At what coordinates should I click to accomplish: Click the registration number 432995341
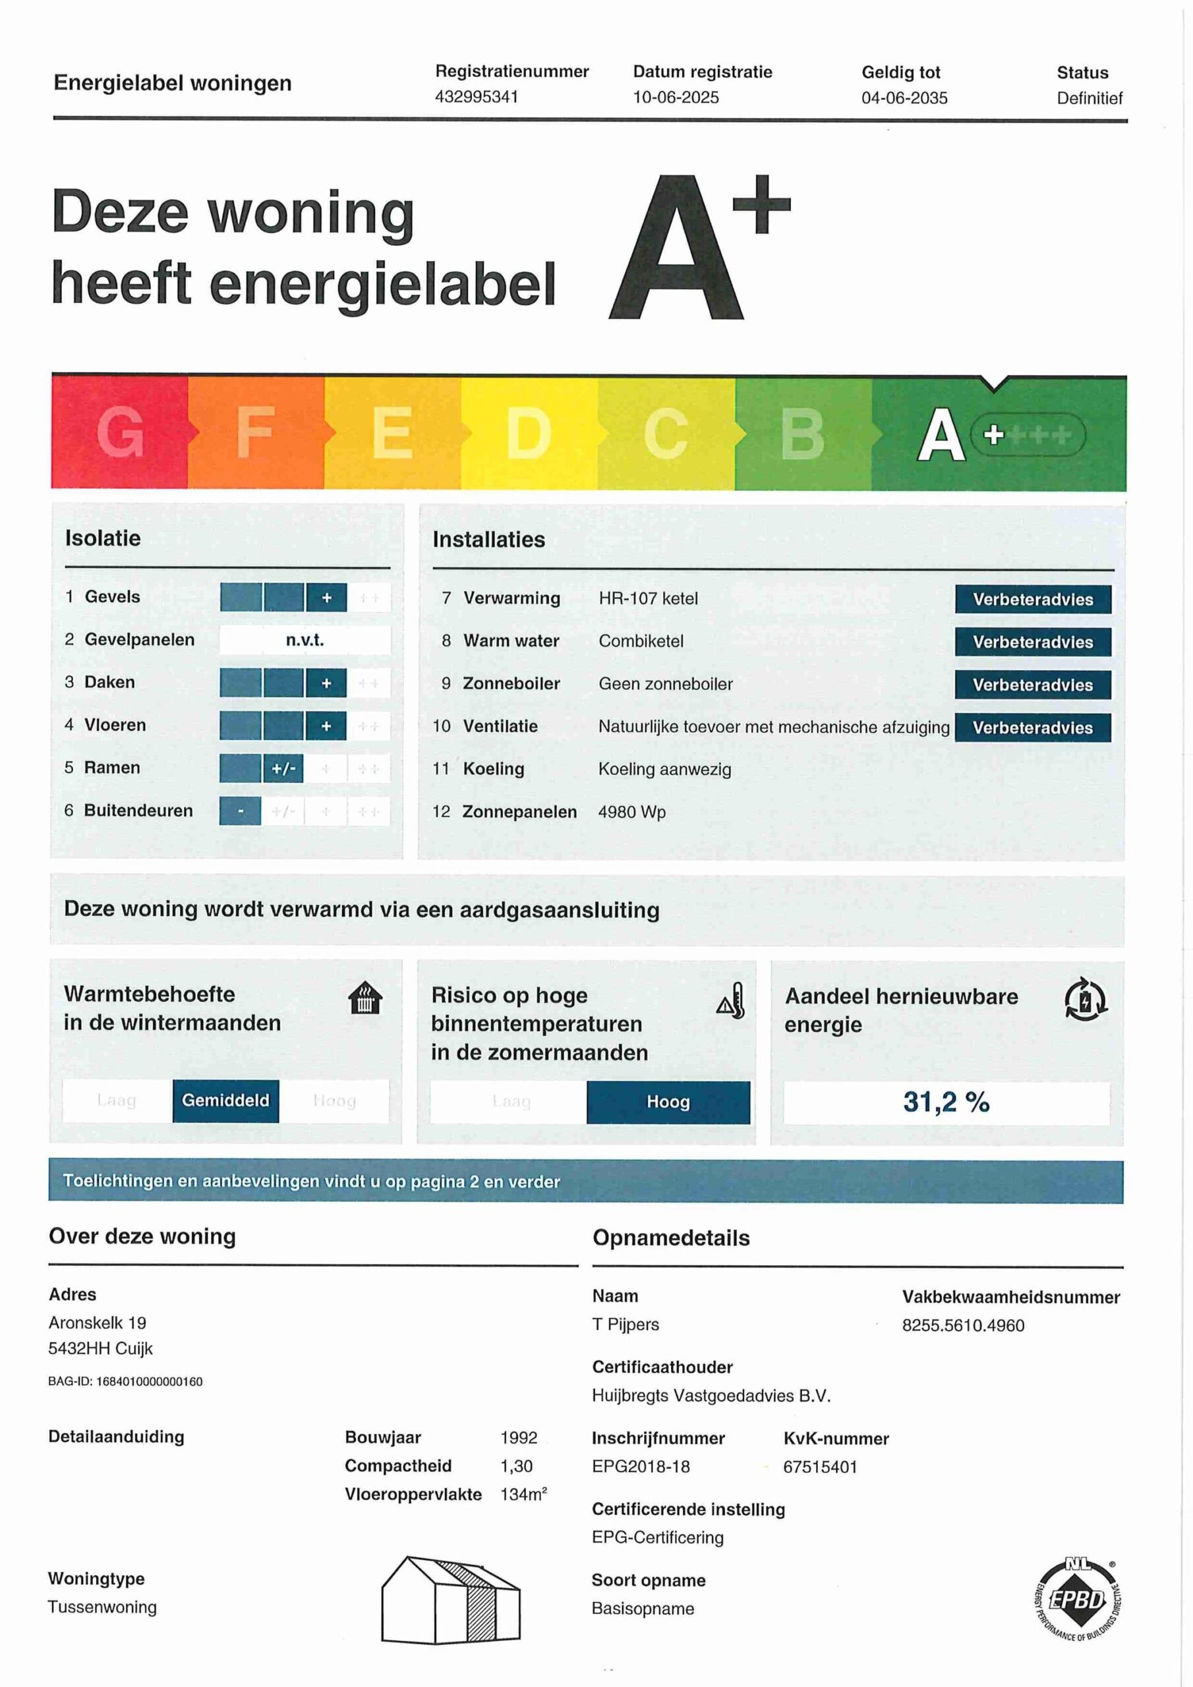tap(477, 97)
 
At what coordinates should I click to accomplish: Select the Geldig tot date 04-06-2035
tap(904, 98)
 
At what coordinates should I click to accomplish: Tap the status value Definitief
tap(1089, 98)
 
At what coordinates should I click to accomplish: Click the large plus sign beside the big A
tap(761, 204)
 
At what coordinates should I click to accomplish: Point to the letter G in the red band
tap(120, 432)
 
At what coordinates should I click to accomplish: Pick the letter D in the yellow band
tap(528, 432)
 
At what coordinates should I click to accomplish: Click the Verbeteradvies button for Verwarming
tap(1032, 599)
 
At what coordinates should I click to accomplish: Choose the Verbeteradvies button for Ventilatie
tap(1032, 728)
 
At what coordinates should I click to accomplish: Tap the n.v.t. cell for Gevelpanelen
tap(305, 640)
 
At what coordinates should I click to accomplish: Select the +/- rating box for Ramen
tap(283, 768)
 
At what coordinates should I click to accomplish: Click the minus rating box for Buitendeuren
tap(241, 811)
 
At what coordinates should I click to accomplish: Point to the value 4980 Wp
tap(631, 812)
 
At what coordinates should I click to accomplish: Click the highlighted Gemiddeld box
tap(225, 1100)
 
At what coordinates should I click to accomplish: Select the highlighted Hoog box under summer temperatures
tap(668, 1101)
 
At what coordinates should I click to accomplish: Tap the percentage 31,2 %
tap(945, 1101)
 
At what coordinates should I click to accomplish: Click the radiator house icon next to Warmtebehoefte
tap(364, 998)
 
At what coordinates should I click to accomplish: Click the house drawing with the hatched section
tap(450, 1599)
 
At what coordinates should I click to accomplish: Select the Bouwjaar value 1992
tap(518, 1437)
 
